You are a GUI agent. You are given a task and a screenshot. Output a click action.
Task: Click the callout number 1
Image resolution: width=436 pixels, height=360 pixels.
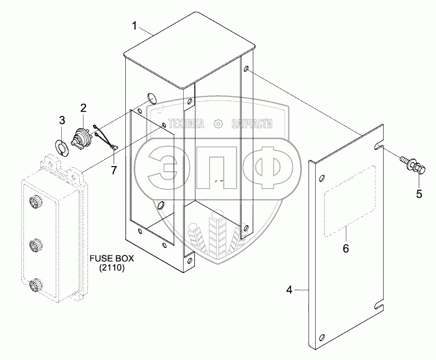[x=134, y=25]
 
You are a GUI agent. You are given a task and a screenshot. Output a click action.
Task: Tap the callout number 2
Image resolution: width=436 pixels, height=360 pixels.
[x=83, y=107]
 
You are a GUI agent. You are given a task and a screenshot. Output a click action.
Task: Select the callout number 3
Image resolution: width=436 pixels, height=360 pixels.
[x=62, y=120]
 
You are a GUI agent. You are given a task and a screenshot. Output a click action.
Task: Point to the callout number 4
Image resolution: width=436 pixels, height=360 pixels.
[x=289, y=290]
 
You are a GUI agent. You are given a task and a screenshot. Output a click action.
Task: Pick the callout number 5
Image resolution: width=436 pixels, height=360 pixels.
[x=419, y=193]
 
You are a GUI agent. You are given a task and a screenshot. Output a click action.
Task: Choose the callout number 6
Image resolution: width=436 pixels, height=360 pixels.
[x=345, y=249]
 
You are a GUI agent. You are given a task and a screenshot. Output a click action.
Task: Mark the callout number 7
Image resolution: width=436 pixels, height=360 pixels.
[x=114, y=169]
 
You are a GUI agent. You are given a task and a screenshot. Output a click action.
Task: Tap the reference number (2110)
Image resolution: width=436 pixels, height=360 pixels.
[x=112, y=269]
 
